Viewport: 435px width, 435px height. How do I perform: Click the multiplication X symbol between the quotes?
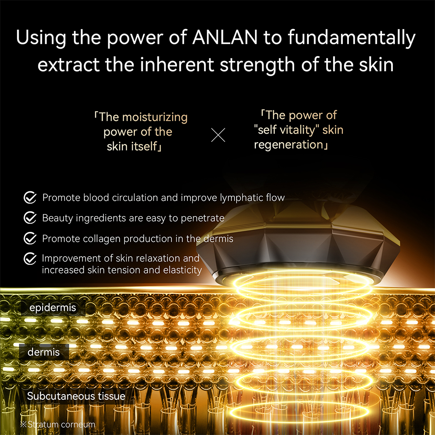218,135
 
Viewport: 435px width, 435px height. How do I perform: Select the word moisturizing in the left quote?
154,117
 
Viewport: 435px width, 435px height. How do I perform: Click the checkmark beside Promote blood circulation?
30,198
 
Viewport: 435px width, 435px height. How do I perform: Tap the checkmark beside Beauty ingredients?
30,218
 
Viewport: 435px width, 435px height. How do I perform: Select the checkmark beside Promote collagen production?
30,238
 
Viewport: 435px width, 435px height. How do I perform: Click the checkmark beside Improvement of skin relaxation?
30,259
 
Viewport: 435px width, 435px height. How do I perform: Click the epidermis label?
53,308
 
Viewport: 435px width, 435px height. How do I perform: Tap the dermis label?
43,352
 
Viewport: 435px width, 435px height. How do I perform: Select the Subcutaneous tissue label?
76,396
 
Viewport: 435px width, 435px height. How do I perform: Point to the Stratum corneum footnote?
57,424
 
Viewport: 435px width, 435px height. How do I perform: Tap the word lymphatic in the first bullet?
242,198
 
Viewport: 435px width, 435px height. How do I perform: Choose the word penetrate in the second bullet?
203,218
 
